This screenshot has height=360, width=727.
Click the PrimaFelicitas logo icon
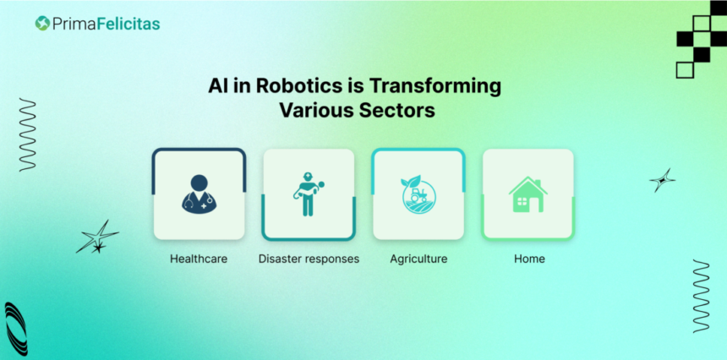point(42,23)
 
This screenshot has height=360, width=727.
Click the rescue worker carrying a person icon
point(308,194)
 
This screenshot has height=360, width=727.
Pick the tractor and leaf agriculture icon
point(418,194)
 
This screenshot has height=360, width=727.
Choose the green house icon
point(528,194)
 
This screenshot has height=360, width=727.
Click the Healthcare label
point(199,259)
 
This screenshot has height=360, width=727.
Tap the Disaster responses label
point(309,259)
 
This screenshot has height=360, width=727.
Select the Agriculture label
point(418,259)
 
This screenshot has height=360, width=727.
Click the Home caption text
point(529,259)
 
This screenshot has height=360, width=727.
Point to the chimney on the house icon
point(538,183)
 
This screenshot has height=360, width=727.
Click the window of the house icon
point(522,201)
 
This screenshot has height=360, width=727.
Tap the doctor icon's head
point(199,183)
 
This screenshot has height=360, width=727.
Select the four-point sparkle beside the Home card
point(662,180)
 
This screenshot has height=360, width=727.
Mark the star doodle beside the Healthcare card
point(97,237)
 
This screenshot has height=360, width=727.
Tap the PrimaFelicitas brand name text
point(107,24)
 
